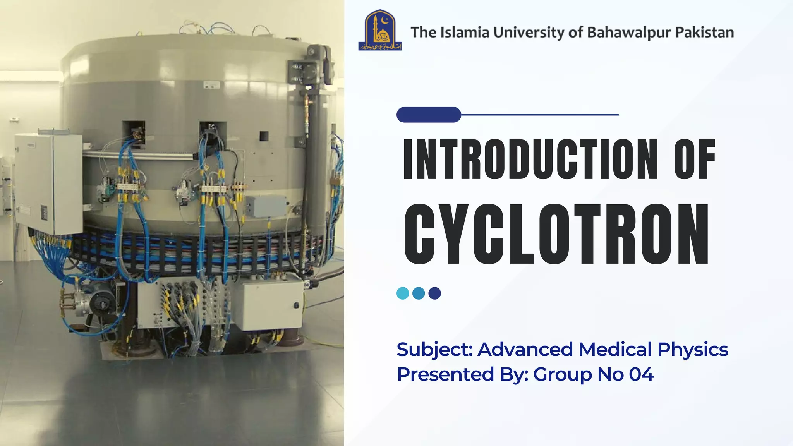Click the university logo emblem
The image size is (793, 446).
pos(380,30)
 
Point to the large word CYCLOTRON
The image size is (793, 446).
pos(556,234)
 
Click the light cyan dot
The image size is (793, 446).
pos(403,293)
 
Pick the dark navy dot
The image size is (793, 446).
pos(435,293)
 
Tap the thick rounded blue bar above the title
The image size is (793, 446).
pos(429,115)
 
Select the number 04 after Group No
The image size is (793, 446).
pos(641,374)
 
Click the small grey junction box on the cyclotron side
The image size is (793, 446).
pos(266,206)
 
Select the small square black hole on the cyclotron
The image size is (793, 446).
pos(264,136)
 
